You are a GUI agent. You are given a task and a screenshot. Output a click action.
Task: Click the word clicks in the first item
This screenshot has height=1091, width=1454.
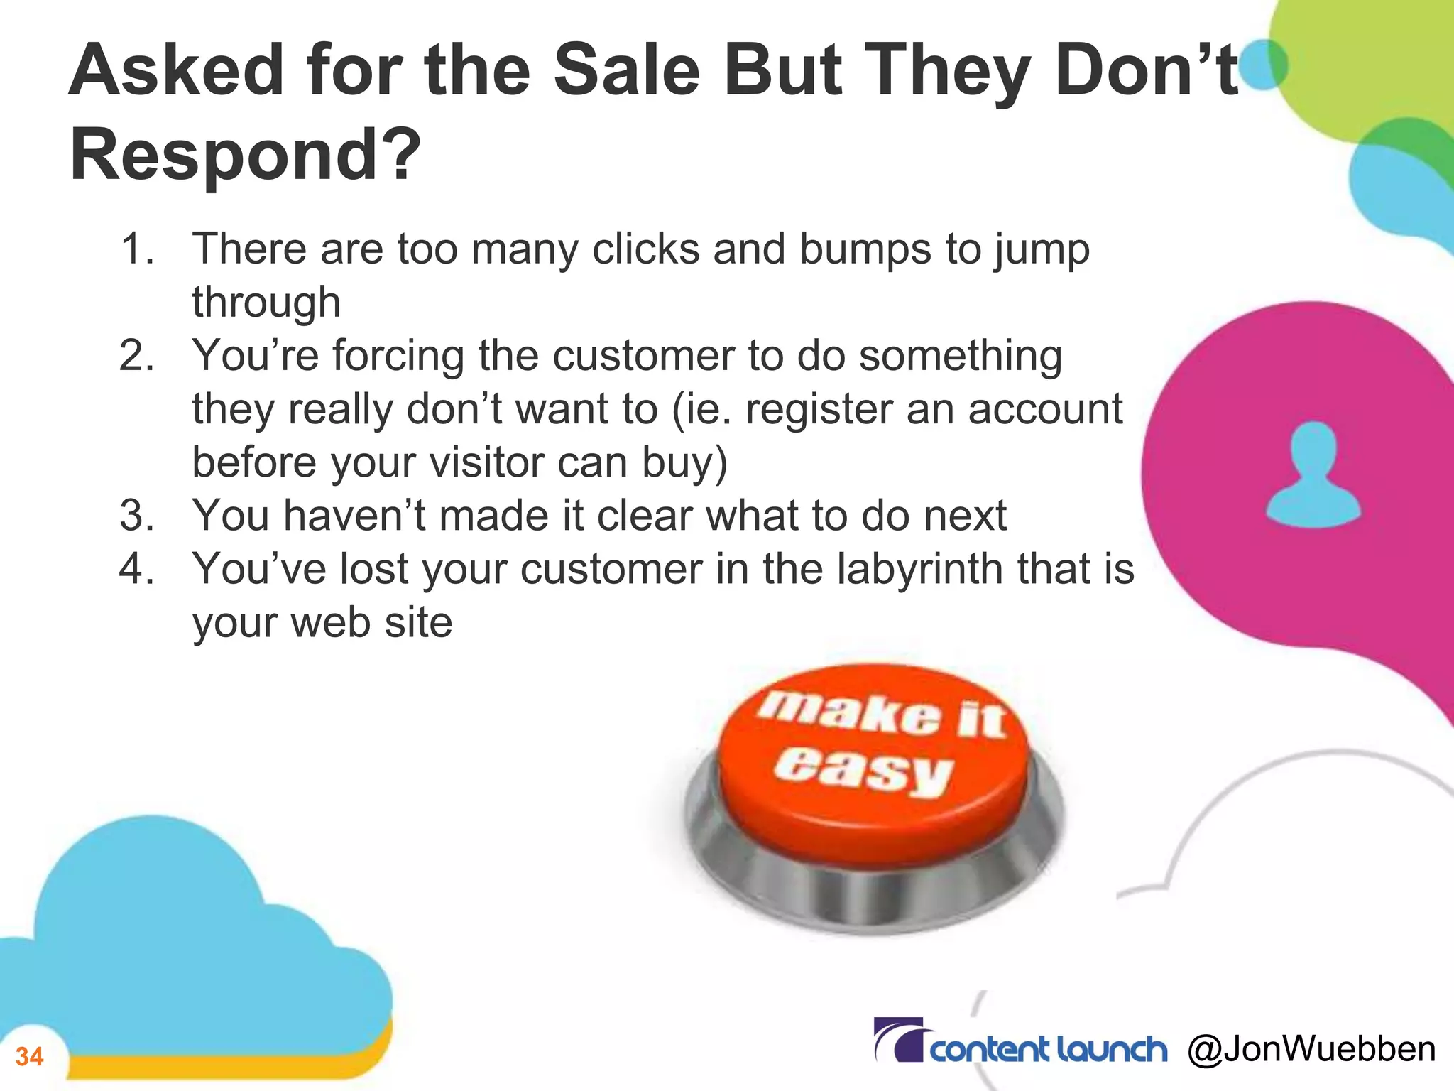tap(646, 249)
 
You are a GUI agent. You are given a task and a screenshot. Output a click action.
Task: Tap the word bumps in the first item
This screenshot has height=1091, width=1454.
tap(865, 249)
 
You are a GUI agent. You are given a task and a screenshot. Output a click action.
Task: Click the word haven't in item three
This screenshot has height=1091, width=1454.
tap(355, 516)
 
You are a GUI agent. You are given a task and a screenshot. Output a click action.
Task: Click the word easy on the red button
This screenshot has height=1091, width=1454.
tap(862, 769)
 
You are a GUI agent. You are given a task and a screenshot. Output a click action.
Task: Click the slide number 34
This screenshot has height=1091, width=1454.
tap(30, 1057)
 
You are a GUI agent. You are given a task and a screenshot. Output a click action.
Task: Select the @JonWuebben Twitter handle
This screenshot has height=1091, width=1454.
tap(1311, 1049)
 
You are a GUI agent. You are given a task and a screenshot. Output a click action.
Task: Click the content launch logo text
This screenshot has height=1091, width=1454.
tap(1048, 1050)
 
